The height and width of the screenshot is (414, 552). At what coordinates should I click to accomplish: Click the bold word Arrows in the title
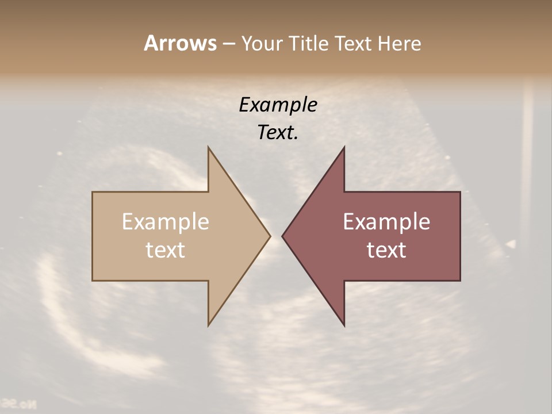[179, 43]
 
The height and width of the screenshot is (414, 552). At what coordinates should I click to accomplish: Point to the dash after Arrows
[228, 44]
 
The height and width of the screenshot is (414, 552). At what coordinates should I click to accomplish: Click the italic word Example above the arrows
[278, 105]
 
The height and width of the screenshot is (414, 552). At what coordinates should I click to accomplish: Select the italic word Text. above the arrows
[278, 133]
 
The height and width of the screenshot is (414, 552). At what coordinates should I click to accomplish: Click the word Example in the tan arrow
[166, 221]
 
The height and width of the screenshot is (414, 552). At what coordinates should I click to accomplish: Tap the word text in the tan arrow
[166, 250]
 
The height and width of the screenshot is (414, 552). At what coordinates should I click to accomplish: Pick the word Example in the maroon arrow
[386, 221]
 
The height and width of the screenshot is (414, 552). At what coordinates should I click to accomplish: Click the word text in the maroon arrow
[386, 250]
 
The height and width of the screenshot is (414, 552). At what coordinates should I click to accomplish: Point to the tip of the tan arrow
[270, 236]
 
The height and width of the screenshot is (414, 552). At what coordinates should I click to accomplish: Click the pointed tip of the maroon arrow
[282, 236]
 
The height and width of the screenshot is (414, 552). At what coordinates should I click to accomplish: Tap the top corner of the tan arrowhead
[208, 147]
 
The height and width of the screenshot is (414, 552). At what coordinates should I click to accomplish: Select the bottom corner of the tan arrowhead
[208, 325]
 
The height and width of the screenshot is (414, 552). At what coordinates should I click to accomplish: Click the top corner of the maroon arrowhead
[344, 147]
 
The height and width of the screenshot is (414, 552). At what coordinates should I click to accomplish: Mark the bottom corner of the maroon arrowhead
[344, 325]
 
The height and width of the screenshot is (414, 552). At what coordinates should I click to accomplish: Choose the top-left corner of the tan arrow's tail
[93, 192]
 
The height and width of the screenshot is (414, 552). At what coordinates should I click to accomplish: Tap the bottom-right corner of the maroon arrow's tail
[460, 281]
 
